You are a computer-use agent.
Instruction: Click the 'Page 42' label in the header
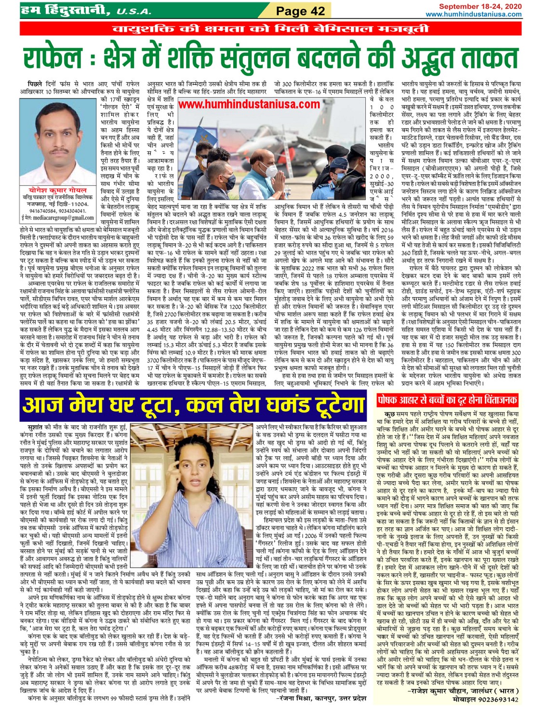click(300, 10)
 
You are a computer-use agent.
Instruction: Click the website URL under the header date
click(473, 14)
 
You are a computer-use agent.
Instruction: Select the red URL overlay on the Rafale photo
click(249, 105)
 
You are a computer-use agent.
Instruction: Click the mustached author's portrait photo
click(57, 144)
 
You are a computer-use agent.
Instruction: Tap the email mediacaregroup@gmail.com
click(61, 218)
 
